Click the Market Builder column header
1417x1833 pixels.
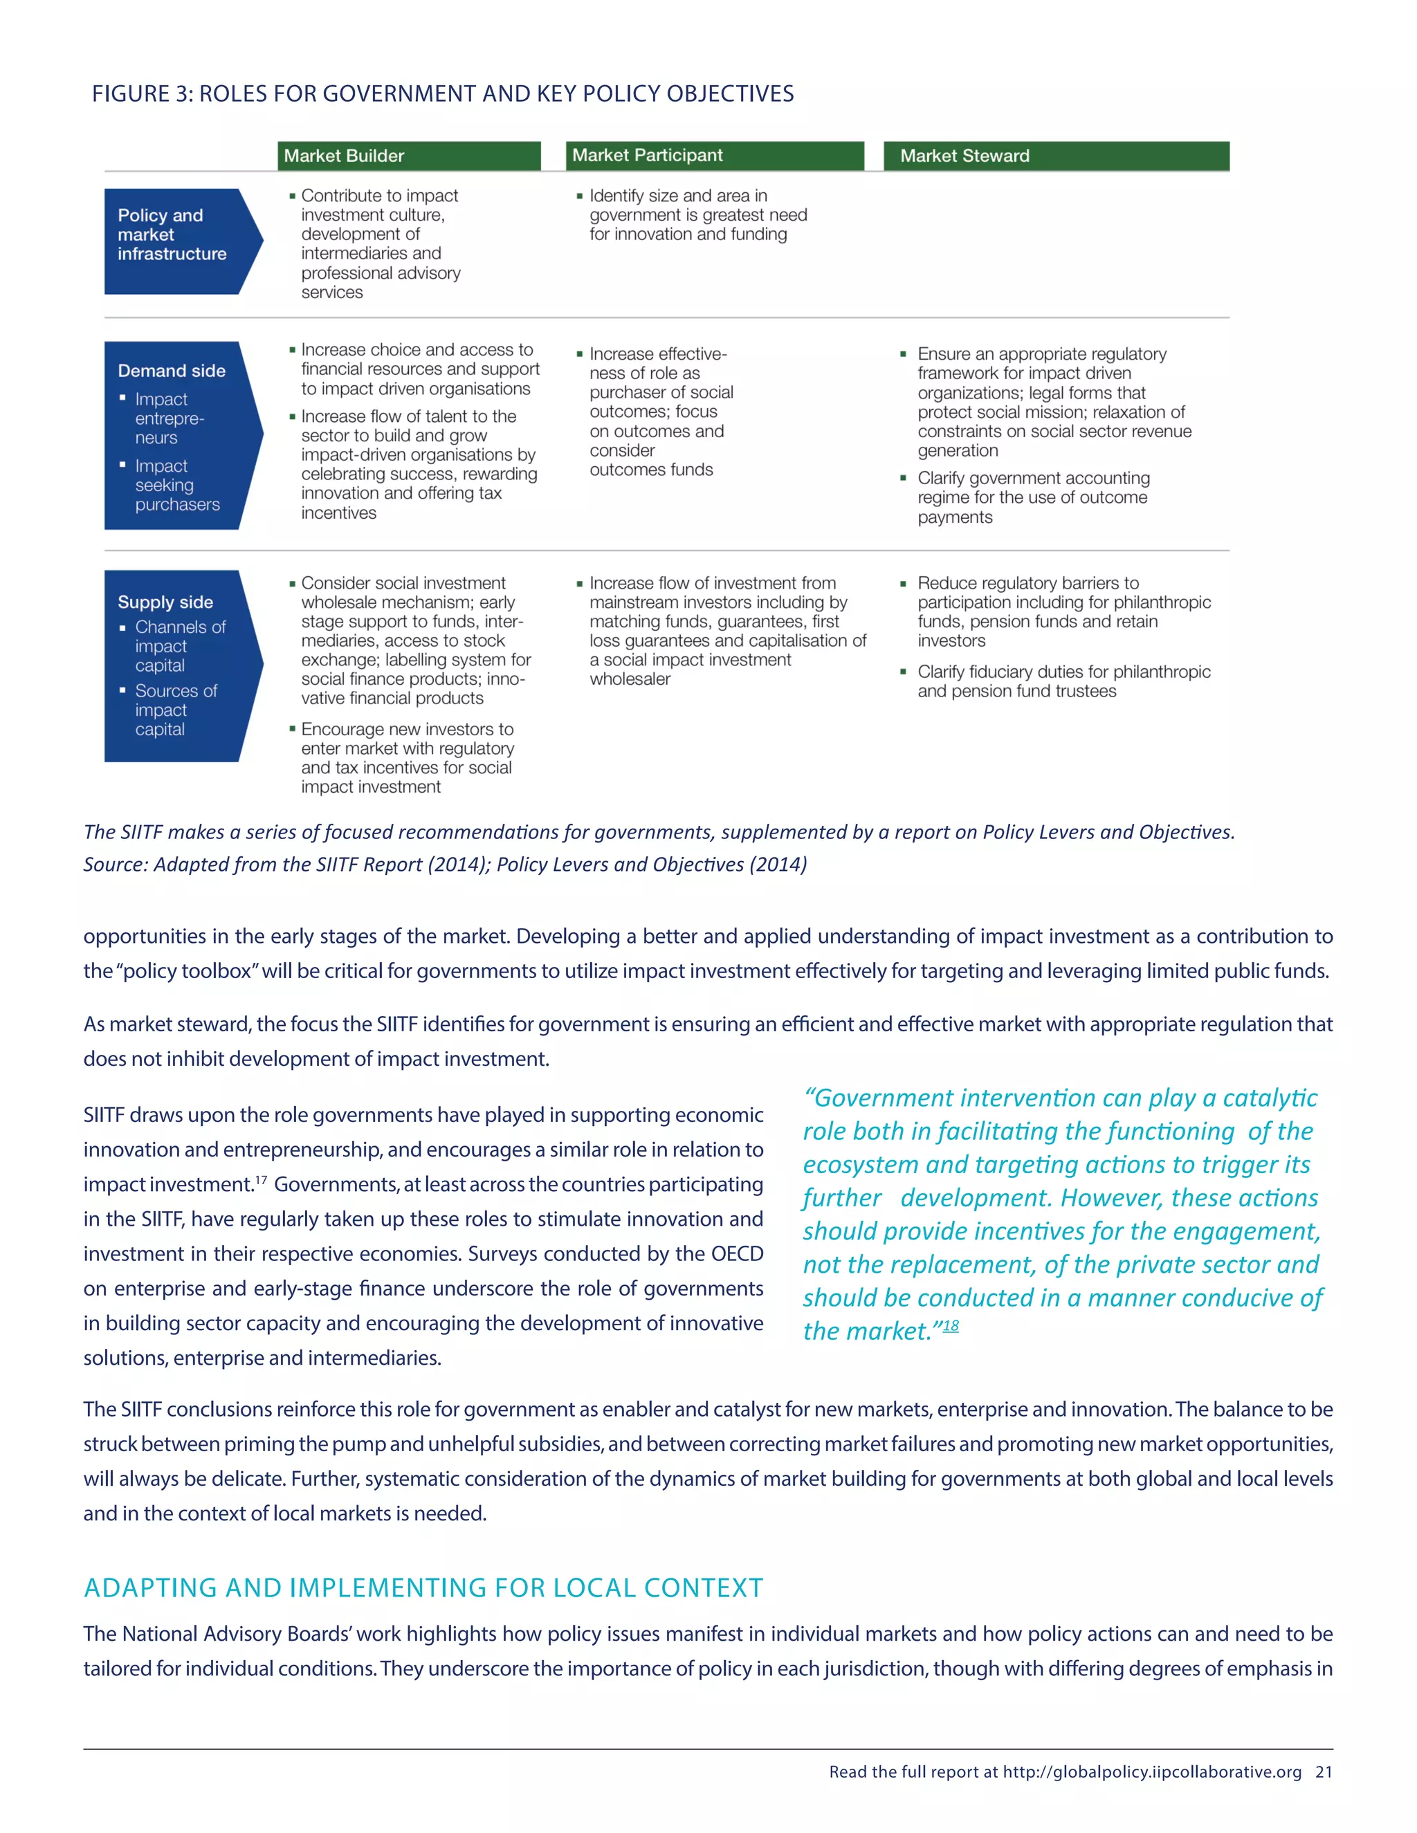(344, 156)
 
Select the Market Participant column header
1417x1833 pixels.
(647, 155)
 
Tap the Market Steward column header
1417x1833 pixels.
(965, 156)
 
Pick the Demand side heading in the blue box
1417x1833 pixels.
(172, 371)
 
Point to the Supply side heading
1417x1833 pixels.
(165, 602)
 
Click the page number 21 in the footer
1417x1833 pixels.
(1324, 1771)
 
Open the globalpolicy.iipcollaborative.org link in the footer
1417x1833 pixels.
(1152, 1771)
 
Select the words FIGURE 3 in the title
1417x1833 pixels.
(142, 94)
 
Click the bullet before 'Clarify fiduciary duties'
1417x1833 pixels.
(903, 672)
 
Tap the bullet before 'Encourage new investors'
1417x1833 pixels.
(292, 728)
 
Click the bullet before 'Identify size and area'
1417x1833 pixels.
(579, 196)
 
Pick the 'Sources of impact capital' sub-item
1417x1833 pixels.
(176, 710)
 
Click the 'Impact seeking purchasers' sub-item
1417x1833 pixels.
(176, 485)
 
